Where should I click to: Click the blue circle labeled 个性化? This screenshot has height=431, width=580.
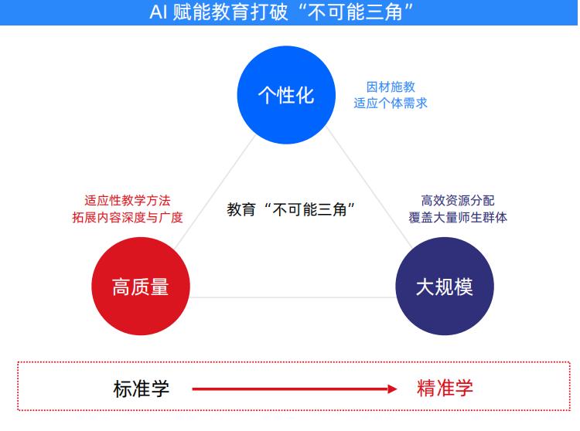[x=286, y=95]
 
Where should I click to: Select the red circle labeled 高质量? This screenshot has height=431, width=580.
[x=141, y=287]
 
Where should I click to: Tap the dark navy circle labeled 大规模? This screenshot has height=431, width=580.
[x=445, y=287]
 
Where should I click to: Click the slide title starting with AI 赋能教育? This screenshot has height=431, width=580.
[x=281, y=12]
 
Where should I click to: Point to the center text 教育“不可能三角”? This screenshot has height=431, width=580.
[x=291, y=209]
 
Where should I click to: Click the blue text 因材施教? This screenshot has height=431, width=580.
[x=391, y=87]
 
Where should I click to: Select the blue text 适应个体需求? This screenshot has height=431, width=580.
[x=391, y=103]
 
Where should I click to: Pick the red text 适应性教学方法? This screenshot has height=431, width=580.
[x=128, y=201]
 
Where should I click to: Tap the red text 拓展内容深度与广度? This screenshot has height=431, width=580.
[x=128, y=217]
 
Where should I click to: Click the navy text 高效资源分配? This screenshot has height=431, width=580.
[x=458, y=201]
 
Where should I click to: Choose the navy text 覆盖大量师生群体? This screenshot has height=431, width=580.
[x=458, y=217]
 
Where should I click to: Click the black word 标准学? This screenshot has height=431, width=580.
[x=142, y=389]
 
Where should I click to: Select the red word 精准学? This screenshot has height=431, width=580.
[x=445, y=389]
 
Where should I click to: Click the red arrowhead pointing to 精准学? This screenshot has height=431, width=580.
[x=392, y=389]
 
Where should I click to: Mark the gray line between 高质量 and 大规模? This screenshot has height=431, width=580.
[x=292, y=297]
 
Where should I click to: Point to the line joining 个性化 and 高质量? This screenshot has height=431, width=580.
[x=214, y=192]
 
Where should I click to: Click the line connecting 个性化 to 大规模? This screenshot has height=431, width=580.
[x=369, y=187]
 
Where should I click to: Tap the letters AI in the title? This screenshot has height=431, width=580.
[x=159, y=12]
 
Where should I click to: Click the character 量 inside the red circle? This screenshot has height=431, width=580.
[x=159, y=287]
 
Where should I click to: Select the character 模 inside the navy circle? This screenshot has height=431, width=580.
[x=463, y=287]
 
